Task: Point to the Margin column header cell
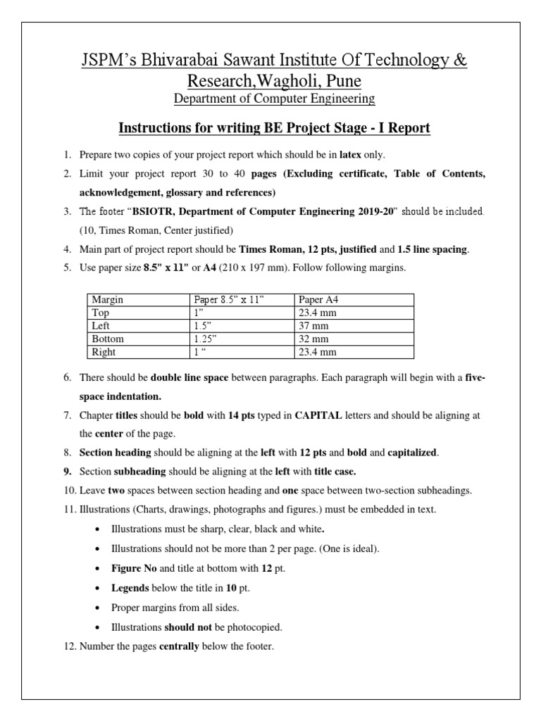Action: tap(107, 300)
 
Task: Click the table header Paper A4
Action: tap(318, 300)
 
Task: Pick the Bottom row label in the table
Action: tap(108, 339)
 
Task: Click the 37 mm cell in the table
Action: tap(313, 326)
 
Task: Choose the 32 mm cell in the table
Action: tap(313, 339)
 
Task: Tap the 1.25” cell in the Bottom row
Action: tap(206, 339)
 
